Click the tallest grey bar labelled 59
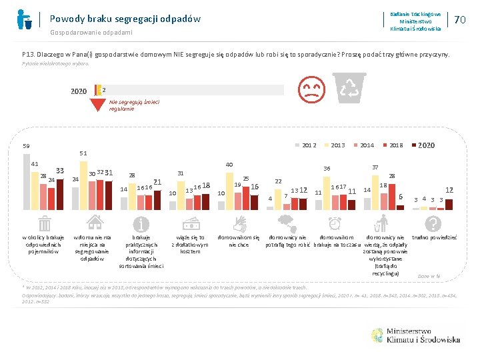coord(26,180)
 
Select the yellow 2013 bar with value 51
coord(83,183)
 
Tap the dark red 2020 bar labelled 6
coord(400,205)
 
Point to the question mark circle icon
coord(433,223)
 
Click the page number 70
coord(459,20)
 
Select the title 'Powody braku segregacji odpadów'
coord(125,19)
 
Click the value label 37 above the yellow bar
coord(375,167)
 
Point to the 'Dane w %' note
coord(429,275)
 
